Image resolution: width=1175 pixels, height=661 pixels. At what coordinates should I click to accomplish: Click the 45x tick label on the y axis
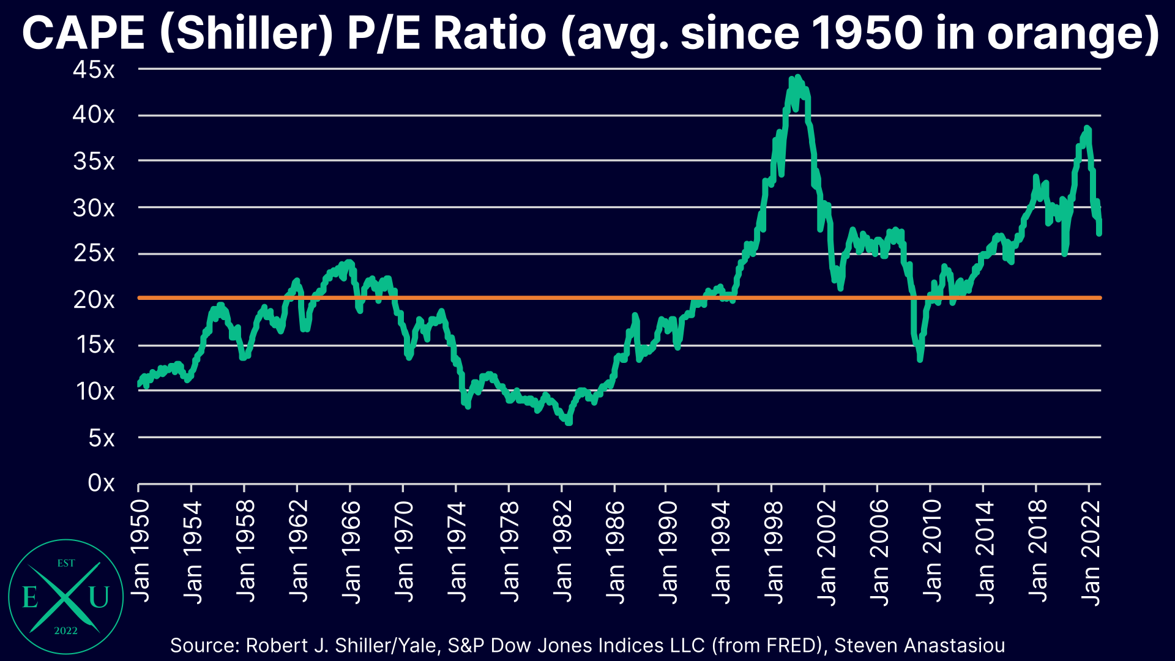94,70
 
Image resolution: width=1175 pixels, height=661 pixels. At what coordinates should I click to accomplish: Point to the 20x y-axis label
94,300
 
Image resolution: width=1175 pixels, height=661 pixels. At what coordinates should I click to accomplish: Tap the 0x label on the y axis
101,484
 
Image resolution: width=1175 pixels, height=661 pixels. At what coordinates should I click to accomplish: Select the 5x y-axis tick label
101,438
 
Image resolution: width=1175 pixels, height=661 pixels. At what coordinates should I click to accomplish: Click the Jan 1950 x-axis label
140,551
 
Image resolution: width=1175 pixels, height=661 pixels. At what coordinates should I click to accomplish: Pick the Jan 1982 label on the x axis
562,551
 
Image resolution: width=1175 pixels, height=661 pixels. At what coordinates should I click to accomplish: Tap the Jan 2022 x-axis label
1091,551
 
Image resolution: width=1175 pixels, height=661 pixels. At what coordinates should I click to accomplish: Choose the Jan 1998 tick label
774,551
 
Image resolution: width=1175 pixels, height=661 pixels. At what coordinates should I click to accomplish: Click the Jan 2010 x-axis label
932,551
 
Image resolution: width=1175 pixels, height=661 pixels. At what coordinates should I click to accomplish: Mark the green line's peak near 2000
797,78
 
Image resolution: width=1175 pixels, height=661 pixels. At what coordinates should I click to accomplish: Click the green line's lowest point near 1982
569,422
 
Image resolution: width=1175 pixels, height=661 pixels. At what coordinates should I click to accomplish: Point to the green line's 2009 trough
920,359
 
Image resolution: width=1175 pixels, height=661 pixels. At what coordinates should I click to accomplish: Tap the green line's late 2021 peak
1087,129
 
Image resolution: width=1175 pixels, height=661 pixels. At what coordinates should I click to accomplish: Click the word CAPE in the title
83,33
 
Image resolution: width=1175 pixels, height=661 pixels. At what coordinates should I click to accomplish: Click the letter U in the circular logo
99,597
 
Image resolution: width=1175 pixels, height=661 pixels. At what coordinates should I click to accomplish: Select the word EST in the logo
66,563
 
